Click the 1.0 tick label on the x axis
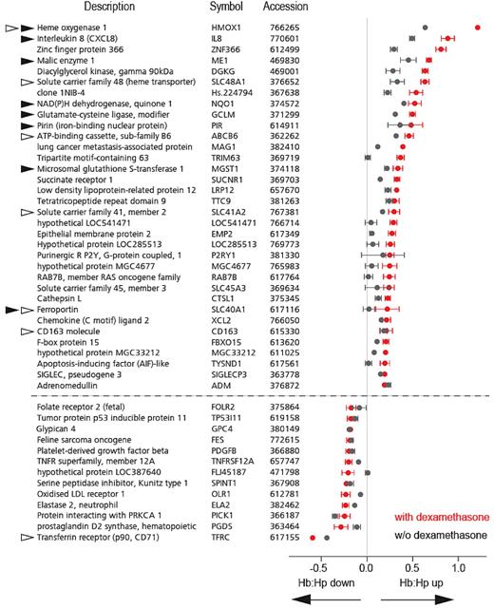458,568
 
